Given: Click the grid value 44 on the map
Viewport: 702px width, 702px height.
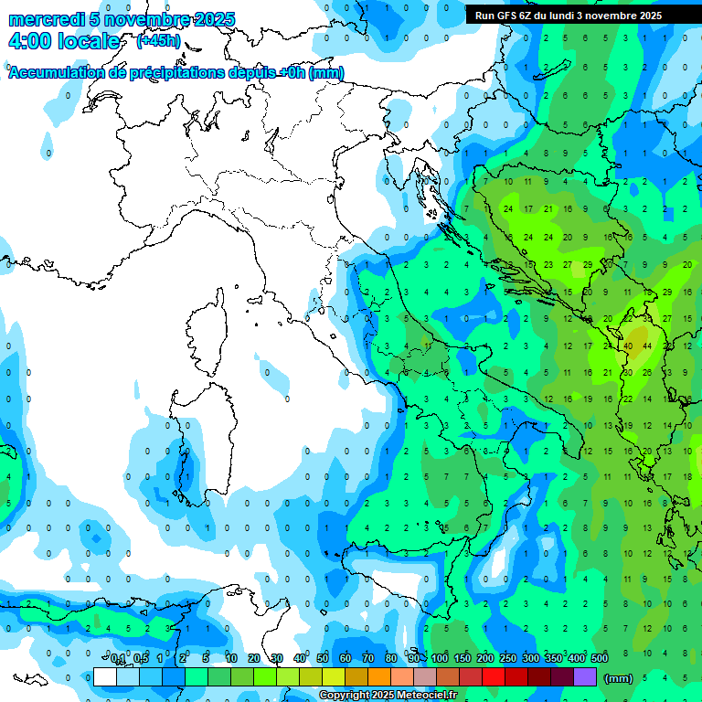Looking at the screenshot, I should [x=647, y=346].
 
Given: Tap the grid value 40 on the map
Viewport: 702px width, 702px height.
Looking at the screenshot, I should [x=628, y=346].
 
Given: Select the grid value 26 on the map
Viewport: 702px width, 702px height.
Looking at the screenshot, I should [x=647, y=372].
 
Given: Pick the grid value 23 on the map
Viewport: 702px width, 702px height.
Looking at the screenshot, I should [x=548, y=264].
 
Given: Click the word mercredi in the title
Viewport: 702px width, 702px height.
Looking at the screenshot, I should [x=47, y=19].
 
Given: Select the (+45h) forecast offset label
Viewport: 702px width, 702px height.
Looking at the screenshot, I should [x=158, y=41].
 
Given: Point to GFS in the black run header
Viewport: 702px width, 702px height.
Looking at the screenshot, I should [x=508, y=16].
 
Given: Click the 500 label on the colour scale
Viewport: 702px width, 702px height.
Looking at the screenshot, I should [x=600, y=658].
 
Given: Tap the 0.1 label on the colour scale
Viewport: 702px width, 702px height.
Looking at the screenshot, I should [x=117, y=658].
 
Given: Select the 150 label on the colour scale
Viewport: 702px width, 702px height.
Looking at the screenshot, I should [x=463, y=658].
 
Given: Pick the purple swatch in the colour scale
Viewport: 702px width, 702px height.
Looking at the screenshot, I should [x=585, y=676].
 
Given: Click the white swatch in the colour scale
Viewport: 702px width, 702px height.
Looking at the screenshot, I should [x=105, y=676].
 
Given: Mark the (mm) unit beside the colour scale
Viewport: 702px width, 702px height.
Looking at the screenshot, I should [x=619, y=677].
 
